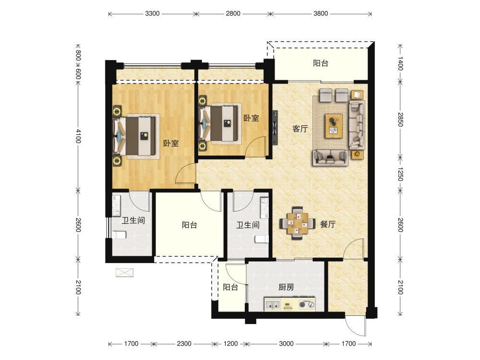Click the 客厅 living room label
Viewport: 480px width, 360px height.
[300, 129]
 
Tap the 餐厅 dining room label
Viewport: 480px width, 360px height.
[328, 224]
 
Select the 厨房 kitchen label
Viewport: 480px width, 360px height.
[286, 287]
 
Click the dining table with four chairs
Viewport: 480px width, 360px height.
[297, 223]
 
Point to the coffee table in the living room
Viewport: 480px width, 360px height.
[334, 126]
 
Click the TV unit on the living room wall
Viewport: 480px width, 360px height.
[275, 128]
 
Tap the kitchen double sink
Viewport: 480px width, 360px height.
[273, 304]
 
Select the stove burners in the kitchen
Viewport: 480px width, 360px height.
[307, 305]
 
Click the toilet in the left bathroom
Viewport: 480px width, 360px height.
[120, 235]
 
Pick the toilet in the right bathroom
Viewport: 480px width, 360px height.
[262, 239]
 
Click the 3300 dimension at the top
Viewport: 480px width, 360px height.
[152, 13]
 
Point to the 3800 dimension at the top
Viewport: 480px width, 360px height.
[321, 13]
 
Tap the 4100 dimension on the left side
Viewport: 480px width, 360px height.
[78, 136]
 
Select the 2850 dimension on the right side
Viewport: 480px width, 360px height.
[400, 120]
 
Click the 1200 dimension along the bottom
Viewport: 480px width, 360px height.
[230, 344]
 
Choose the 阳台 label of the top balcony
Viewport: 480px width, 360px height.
[321, 63]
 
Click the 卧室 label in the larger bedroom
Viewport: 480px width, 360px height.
[171, 143]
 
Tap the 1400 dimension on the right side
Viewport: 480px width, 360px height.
[400, 63]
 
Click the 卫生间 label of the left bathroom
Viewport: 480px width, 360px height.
[133, 220]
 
